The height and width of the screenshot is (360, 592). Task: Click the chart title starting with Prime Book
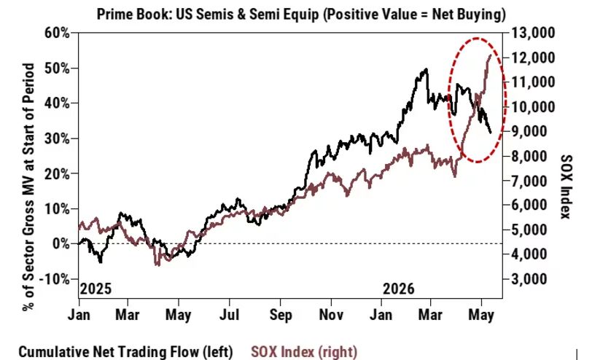301,15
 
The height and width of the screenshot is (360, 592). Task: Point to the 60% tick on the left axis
57,34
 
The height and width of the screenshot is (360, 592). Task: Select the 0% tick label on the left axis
61,244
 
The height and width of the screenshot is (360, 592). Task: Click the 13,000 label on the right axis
534,34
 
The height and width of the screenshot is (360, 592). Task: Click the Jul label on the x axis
229,315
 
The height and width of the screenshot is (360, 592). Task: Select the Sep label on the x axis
281,315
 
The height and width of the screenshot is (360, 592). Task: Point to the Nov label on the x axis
331,315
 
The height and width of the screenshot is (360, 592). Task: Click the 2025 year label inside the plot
96,289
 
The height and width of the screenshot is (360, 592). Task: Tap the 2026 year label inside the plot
399,289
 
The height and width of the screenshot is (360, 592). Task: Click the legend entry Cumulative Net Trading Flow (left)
125,352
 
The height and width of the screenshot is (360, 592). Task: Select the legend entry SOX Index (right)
304,352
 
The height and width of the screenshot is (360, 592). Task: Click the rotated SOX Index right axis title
566,187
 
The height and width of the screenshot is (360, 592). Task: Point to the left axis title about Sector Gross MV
28,187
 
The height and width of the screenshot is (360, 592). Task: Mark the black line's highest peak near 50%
427,69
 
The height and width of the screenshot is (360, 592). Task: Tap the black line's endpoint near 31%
491,133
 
